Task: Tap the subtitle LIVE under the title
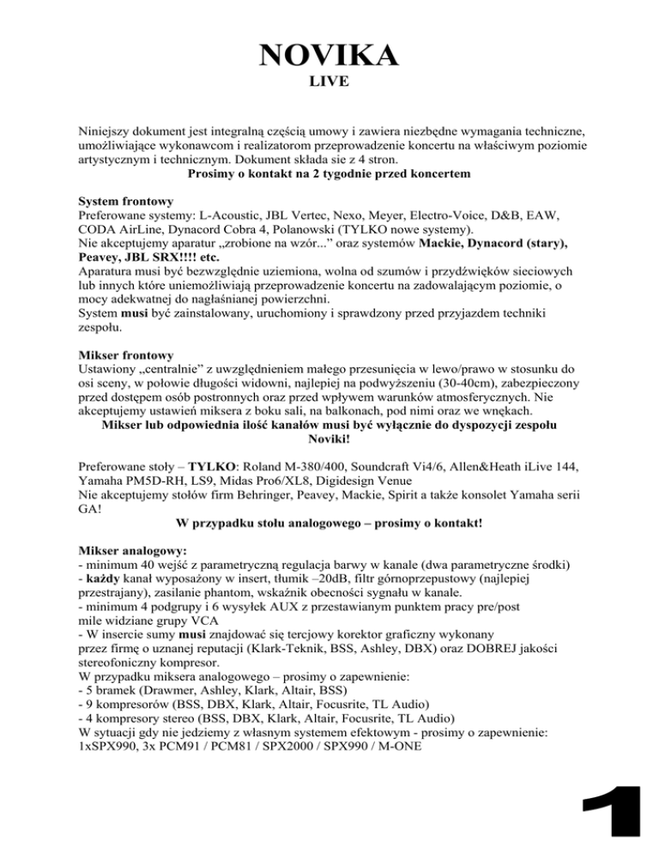pyautogui.click(x=329, y=87)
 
